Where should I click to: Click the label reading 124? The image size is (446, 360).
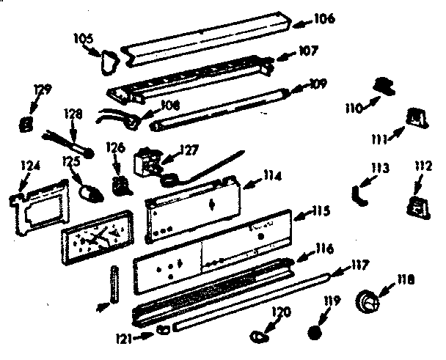tap(29, 166)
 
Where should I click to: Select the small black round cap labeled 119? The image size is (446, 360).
tap(316, 331)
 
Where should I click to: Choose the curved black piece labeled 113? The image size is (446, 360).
tap(357, 195)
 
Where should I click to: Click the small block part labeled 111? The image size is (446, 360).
tap(417, 117)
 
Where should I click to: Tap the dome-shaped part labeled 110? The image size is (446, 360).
tap(381, 86)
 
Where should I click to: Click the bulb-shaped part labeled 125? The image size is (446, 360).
tap(92, 193)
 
